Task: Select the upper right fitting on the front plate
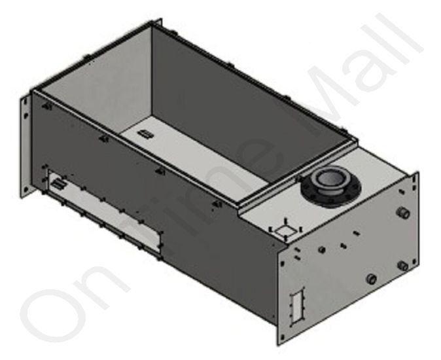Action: pyautogui.click(x=404, y=213)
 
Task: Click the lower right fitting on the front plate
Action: pyautogui.click(x=403, y=265)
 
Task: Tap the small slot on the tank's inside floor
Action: pyautogui.click(x=146, y=134)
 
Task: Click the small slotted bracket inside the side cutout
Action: pyautogui.click(x=59, y=184)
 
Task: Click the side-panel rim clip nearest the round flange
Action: pyautogui.click(x=217, y=204)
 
